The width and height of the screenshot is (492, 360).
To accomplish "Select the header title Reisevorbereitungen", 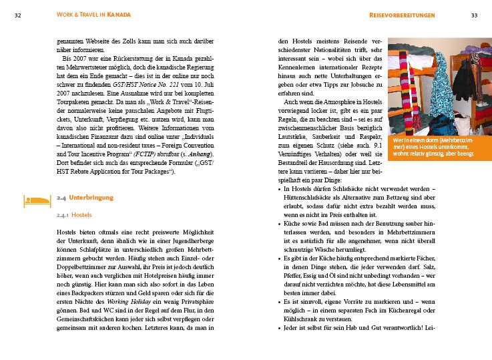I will (x=411, y=14).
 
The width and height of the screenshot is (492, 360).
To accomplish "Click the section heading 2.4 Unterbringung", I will (x=85, y=198).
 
